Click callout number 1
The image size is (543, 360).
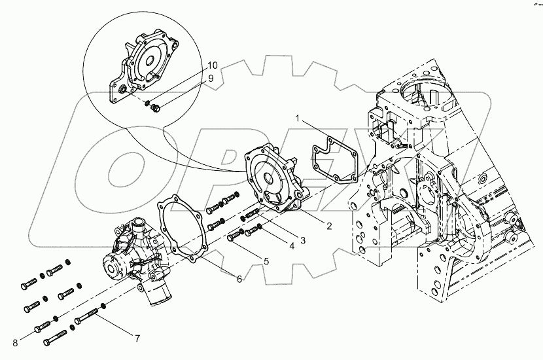pos(297,120)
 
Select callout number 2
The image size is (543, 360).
pos(328,226)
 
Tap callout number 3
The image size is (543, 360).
pos(302,240)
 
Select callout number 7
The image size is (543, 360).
pos(137,338)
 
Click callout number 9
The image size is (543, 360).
pos(211,78)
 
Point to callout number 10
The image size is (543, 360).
pos(212,65)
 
